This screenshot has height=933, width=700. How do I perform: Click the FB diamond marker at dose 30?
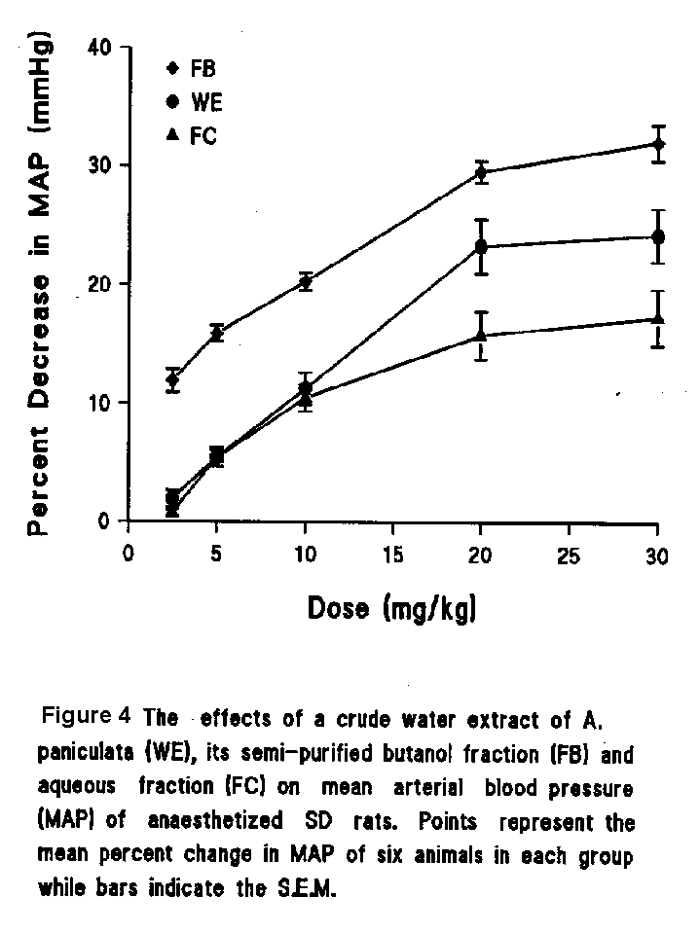coord(658,144)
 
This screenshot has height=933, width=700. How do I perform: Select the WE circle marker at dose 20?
coord(481,246)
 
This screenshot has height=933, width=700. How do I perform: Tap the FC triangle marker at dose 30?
coord(658,318)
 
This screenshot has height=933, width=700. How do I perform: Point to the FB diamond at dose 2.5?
coord(172,378)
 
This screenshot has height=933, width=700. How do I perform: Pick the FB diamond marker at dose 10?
coord(306,282)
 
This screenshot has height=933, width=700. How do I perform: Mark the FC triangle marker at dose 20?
coord(481,336)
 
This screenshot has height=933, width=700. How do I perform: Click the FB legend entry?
coord(195,69)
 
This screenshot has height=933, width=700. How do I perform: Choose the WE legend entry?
coord(195,102)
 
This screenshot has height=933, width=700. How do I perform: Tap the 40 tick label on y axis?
coord(102,47)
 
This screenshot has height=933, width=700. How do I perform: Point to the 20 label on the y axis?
coord(102,284)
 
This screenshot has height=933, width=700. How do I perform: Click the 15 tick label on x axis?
coord(392,555)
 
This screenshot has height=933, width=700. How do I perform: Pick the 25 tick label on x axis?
coord(569,555)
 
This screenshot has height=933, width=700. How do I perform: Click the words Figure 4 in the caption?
coord(86,718)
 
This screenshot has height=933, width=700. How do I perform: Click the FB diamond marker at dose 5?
coord(217,334)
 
